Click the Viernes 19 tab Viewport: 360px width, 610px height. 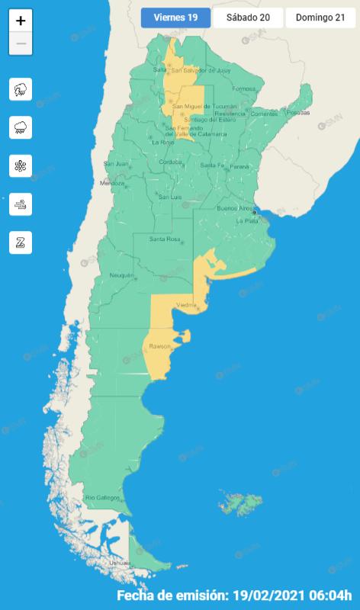[175, 18]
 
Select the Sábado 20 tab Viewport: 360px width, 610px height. [247, 18]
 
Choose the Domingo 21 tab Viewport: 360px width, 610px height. [320, 18]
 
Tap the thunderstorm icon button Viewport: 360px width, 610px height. [21, 90]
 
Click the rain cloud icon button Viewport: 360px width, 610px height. [21, 128]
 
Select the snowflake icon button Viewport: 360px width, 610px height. [21, 166]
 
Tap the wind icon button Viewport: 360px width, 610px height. [21, 204]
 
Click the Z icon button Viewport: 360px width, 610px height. [21, 242]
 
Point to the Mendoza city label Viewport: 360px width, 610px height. [112, 184]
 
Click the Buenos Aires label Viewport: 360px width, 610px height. [234, 208]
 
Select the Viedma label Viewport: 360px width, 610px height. [187, 305]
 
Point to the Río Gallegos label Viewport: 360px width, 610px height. [103, 498]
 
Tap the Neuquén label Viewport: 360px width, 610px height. [122, 275]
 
